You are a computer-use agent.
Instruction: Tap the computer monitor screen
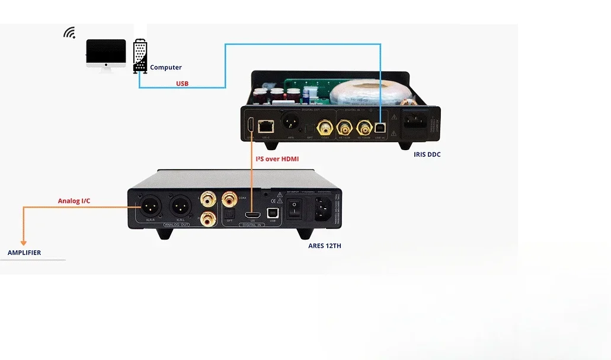(x=106, y=52)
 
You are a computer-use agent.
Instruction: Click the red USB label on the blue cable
(x=182, y=84)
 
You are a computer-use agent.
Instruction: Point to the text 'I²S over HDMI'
(x=277, y=159)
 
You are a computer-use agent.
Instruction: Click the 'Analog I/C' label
(x=74, y=201)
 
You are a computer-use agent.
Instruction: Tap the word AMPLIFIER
(x=24, y=253)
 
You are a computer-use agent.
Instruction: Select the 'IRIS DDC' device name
(x=427, y=155)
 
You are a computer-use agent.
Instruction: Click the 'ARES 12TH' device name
(x=325, y=246)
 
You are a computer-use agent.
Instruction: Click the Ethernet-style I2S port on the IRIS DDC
(x=267, y=126)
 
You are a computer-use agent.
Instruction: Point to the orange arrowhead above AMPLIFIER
(x=24, y=242)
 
